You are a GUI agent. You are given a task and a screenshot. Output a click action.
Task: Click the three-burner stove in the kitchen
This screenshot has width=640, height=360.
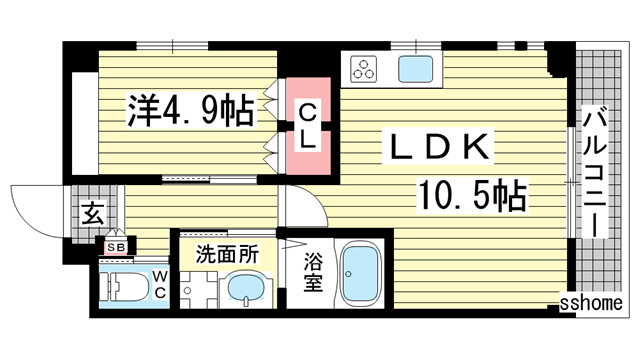tap(364, 71)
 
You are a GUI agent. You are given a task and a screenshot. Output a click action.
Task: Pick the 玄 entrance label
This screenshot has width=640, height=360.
tap(92, 213)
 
